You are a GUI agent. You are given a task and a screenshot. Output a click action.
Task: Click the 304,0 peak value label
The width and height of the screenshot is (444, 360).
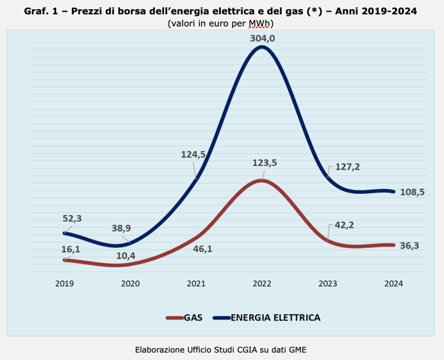(262, 39)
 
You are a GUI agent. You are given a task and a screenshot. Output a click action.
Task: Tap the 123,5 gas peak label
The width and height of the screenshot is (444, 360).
(262, 163)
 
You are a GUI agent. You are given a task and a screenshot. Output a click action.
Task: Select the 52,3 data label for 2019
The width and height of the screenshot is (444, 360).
(73, 219)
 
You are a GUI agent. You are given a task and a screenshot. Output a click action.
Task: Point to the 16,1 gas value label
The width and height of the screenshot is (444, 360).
(73, 249)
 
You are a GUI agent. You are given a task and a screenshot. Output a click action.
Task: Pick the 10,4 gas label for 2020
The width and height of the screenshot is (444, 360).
(126, 256)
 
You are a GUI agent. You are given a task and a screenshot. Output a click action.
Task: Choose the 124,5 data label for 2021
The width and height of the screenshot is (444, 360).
(194, 154)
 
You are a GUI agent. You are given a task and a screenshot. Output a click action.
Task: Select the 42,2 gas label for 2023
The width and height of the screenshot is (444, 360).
(343, 224)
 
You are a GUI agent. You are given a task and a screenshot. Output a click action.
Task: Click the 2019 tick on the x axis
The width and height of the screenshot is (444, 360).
(64, 284)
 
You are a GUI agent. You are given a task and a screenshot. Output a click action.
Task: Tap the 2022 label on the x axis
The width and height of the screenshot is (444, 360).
(262, 284)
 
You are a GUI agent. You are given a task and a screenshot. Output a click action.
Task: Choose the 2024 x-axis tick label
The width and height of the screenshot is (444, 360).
(394, 284)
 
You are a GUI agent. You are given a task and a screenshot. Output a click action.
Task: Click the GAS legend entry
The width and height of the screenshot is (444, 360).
(184, 318)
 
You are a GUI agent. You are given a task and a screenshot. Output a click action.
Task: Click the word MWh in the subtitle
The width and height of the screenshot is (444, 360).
(263, 24)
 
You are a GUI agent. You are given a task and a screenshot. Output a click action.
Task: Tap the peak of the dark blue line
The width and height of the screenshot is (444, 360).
(261, 48)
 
